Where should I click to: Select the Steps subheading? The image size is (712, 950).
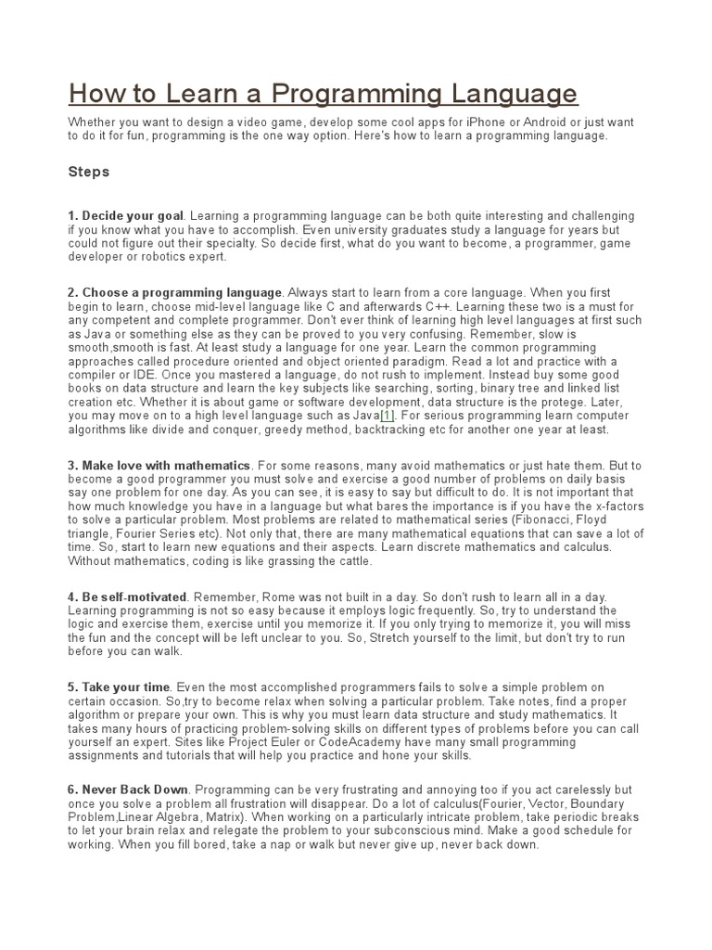point(89,172)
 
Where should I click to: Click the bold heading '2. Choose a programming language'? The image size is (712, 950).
point(174,293)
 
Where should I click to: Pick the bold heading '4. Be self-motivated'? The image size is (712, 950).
point(128,597)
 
